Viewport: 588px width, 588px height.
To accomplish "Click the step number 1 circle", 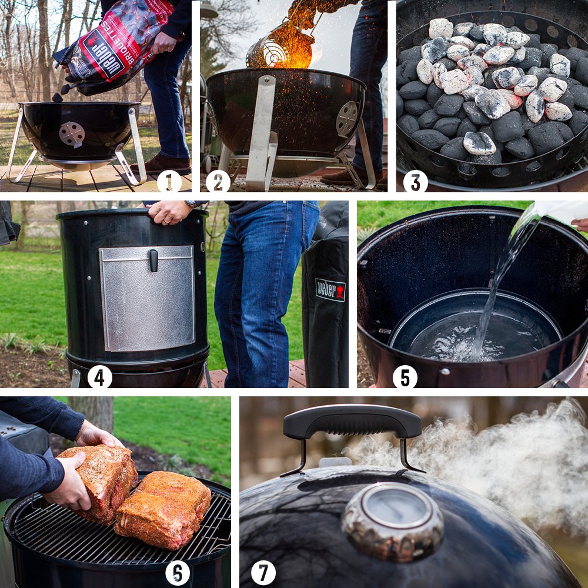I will (x=169, y=182).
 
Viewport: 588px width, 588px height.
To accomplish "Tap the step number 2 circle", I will (x=218, y=182).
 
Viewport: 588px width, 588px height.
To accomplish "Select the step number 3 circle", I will (x=415, y=182).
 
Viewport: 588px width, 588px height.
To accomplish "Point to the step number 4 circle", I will (x=99, y=377).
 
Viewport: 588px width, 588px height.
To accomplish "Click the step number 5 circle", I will (x=405, y=377).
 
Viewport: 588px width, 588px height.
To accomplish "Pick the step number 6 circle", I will (x=177, y=573).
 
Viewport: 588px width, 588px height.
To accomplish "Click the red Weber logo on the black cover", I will (x=330, y=290).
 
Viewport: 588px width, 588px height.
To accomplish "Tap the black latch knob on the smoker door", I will (x=153, y=260).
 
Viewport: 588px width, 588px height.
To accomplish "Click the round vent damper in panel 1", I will (x=72, y=134).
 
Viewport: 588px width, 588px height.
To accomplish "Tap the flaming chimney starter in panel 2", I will (x=280, y=47).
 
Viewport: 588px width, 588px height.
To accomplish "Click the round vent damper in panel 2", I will (x=347, y=118).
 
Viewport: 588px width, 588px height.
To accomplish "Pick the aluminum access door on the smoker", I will (x=147, y=299).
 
